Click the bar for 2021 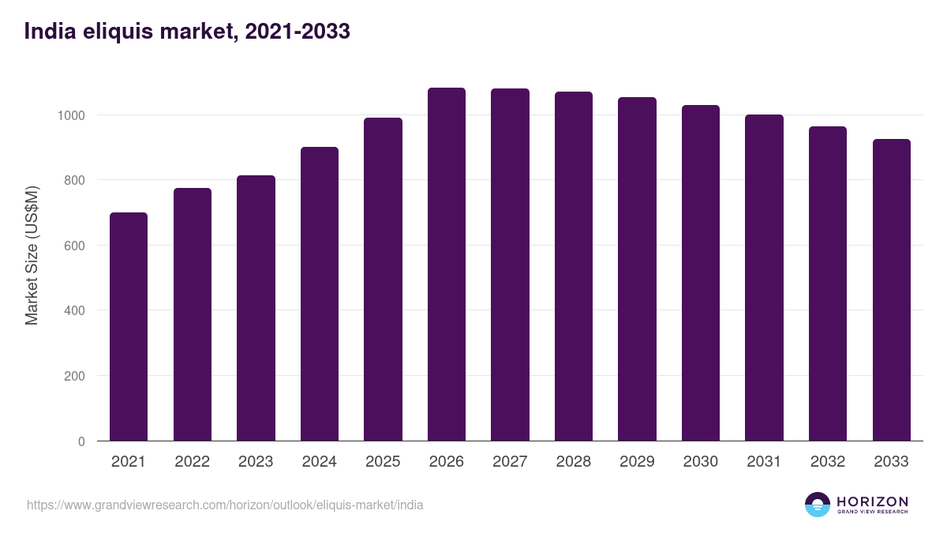coord(129,327)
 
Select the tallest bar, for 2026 coord(447,265)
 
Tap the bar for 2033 coord(892,290)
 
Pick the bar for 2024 coord(320,294)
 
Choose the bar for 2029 coord(637,269)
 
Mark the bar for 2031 coord(765,278)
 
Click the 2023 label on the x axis coord(256,462)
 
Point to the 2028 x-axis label coord(574,462)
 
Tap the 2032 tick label coord(828,462)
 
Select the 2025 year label coord(383,462)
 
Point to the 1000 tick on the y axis coord(71,115)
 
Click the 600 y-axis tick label coord(75,246)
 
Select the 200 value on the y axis coord(75,376)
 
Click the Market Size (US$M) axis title coord(32,255)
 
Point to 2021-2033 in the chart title coord(298,32)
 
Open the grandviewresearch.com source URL coord(225,505)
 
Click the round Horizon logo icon coord(818,505)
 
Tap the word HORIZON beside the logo coord(872,501)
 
